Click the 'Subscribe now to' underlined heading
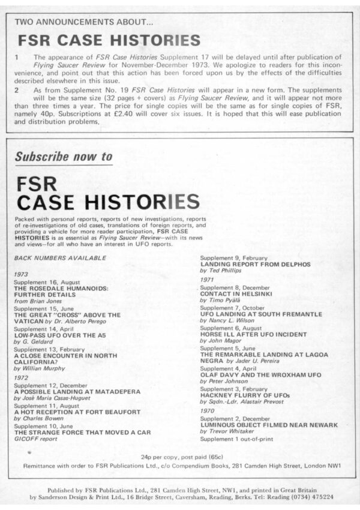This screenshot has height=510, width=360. pos(64,157)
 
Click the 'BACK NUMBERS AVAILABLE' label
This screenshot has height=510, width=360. pos(60,257)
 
